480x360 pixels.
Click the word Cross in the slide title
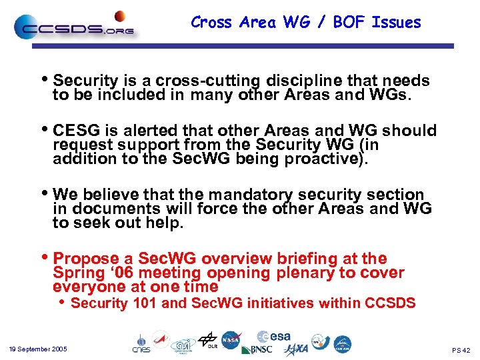tap(211, 23)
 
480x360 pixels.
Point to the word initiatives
tap(280, 303)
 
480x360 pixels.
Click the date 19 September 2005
tap(38, 349)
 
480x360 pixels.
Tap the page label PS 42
tap(461, 351)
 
